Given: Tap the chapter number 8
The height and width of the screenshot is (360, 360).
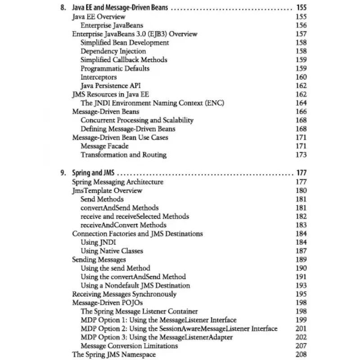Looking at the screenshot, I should pyautogui.click(x=63, y=8).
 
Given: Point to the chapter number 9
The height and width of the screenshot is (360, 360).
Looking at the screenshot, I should pyautogui.click(x=63, y=173).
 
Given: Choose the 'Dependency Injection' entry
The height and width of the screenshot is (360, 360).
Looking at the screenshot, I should pyautogui.click(x=113, y=51).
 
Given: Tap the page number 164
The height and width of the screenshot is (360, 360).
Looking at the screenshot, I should pyautogui.click(x=301, y=103).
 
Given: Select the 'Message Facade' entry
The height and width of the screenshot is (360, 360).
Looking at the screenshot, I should pyautogui.click(x=104, y=146).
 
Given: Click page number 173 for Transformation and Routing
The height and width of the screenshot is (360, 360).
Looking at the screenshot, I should pyautogui.click(x=301, y=155).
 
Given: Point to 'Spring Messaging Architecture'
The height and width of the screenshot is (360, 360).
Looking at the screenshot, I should pyautogui.click(x=118, y=182).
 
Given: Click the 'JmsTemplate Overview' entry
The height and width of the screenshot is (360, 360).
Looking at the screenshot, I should pyautogui.click(x=107, y=190).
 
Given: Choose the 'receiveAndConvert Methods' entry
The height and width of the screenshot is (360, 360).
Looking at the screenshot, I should pyautogui.click(x=123, y=225).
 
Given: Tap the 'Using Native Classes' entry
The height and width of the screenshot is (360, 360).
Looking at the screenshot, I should pyautogui.click(x=112, y=251).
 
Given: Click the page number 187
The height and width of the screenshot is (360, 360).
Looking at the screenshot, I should pyautogui.click(x=301, y=251).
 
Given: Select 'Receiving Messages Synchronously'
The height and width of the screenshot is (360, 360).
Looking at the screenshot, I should pyautogui.click(x=124, y=294).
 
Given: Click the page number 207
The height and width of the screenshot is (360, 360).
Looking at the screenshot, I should pyautogui.click(x=301, y=346).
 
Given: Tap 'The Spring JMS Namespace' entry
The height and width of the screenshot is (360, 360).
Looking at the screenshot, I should pyautogui.click(x=114, y=354).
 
